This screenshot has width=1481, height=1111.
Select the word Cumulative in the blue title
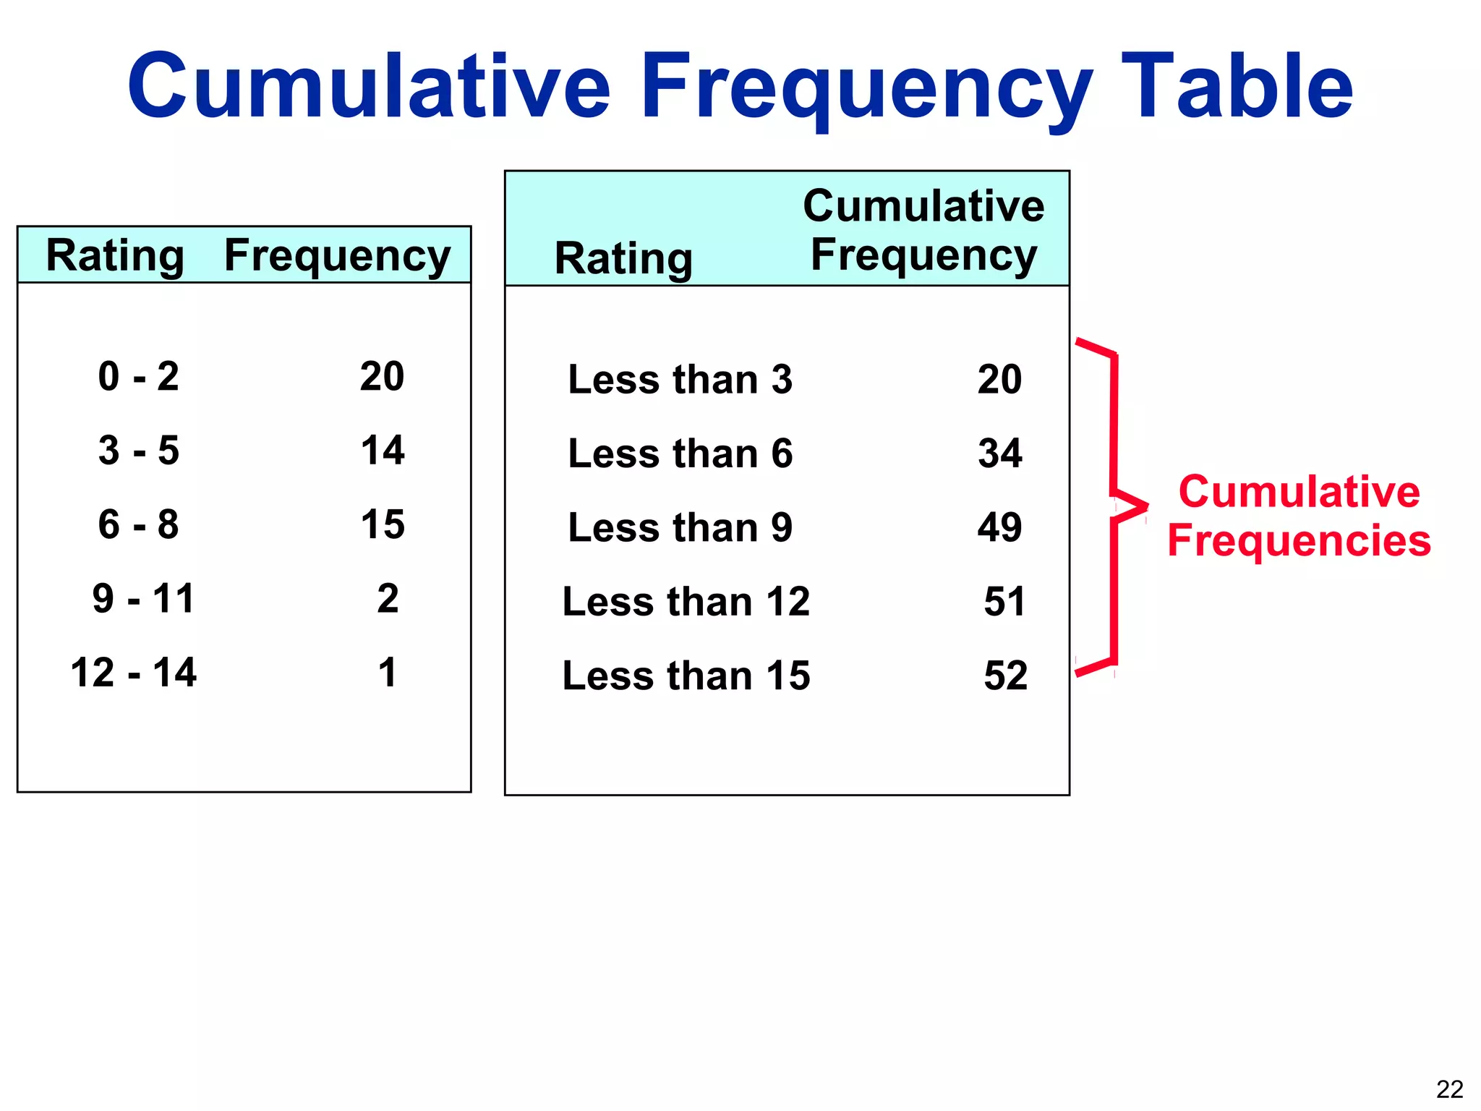[369, 87]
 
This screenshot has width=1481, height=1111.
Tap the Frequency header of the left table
[337, 256]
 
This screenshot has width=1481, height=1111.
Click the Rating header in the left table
[115, 256]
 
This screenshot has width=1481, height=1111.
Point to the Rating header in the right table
[623, 259]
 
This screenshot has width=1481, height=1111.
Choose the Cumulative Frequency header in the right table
[923, 230]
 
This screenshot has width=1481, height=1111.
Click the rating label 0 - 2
[138, 377]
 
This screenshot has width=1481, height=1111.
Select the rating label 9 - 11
[143, 599]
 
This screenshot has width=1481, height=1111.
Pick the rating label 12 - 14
[134, 673]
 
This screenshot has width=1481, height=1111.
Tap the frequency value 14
[383, 451]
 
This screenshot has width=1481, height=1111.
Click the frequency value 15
[383, 525]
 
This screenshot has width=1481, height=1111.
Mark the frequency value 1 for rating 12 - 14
[388, 673]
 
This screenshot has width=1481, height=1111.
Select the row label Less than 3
[680, 380]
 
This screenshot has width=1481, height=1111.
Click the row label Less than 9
[680, 527]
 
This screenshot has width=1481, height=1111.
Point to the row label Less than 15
[686, 676]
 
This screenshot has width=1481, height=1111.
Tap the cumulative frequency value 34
[1000, 454]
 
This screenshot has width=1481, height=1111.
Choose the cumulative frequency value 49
[1000, 527]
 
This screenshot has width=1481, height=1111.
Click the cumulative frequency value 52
[1005, 676]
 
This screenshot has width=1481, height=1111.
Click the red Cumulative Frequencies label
[1299, 516]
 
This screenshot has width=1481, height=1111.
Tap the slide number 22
[1449, 1089]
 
